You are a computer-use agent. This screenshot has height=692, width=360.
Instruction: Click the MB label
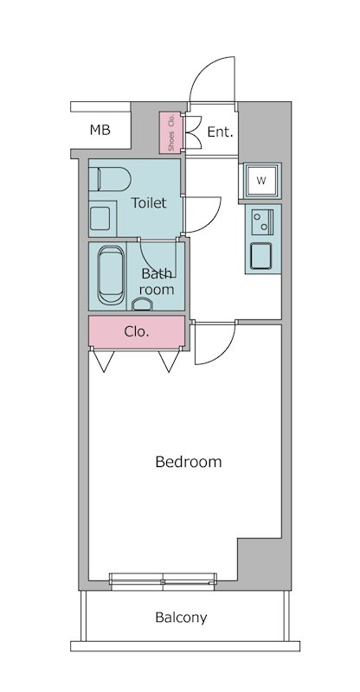(x=100, y=131)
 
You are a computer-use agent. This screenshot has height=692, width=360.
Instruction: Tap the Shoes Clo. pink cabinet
(x=170, y=132)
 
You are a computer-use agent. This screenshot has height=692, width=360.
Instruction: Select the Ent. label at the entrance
(x=220, y=131)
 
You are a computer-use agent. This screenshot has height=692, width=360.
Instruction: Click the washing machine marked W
(x=261, y=181)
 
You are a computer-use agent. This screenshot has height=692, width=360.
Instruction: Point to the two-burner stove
(x=262, y=221)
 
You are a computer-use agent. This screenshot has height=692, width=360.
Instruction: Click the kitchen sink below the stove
(x=261, y=255)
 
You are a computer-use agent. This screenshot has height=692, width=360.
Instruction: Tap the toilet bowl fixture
(x=110, y=179)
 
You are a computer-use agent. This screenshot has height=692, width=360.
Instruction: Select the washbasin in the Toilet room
(x=100, y=219)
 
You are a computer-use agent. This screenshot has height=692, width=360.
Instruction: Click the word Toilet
(x=149, y=203)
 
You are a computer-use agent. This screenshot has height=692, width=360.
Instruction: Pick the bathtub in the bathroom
(x=112, y=275)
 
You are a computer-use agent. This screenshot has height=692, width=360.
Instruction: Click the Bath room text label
(x=157, y=282)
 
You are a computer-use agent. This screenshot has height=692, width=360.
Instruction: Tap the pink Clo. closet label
(x=137, y=332)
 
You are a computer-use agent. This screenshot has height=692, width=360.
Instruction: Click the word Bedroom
(x=189, y=462)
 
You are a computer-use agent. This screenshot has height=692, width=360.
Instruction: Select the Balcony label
(x=181, y=618)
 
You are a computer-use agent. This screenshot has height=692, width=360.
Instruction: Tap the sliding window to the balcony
(x=163, y=581)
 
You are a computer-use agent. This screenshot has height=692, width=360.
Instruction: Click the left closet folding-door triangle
(x=103, y=362)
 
